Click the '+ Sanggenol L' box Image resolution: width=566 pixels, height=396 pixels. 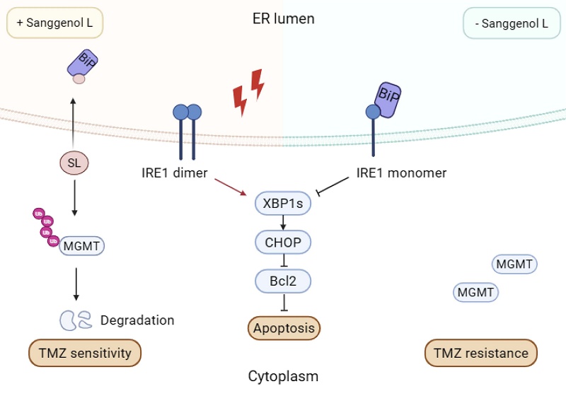(x=55, y=23)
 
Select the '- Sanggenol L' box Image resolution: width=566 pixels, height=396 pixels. (x=512, y=23)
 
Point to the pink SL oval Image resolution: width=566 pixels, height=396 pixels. (x=74, y=163)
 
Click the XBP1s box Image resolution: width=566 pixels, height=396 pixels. (x=283, y=204)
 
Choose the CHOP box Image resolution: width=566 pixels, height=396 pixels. (x=283, y=243)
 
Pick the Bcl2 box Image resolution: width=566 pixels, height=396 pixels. (x=283, y=281)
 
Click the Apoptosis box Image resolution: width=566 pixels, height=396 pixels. (x=284, y=328)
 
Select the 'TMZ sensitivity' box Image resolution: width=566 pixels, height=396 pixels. (x=85, y=353)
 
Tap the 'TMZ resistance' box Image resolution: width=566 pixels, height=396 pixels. (x=481, y=353)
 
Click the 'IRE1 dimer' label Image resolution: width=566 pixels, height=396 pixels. (x=175, y=173)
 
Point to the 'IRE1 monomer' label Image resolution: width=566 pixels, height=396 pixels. (x=401, y=173)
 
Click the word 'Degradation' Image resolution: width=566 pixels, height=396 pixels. (x=137, y=320)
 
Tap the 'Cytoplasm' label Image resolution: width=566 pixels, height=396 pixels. (x=283, y=376)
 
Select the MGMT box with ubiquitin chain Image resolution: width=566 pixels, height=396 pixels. (x=82, y=246)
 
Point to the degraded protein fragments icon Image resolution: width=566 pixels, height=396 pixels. (x=76, y=320)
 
